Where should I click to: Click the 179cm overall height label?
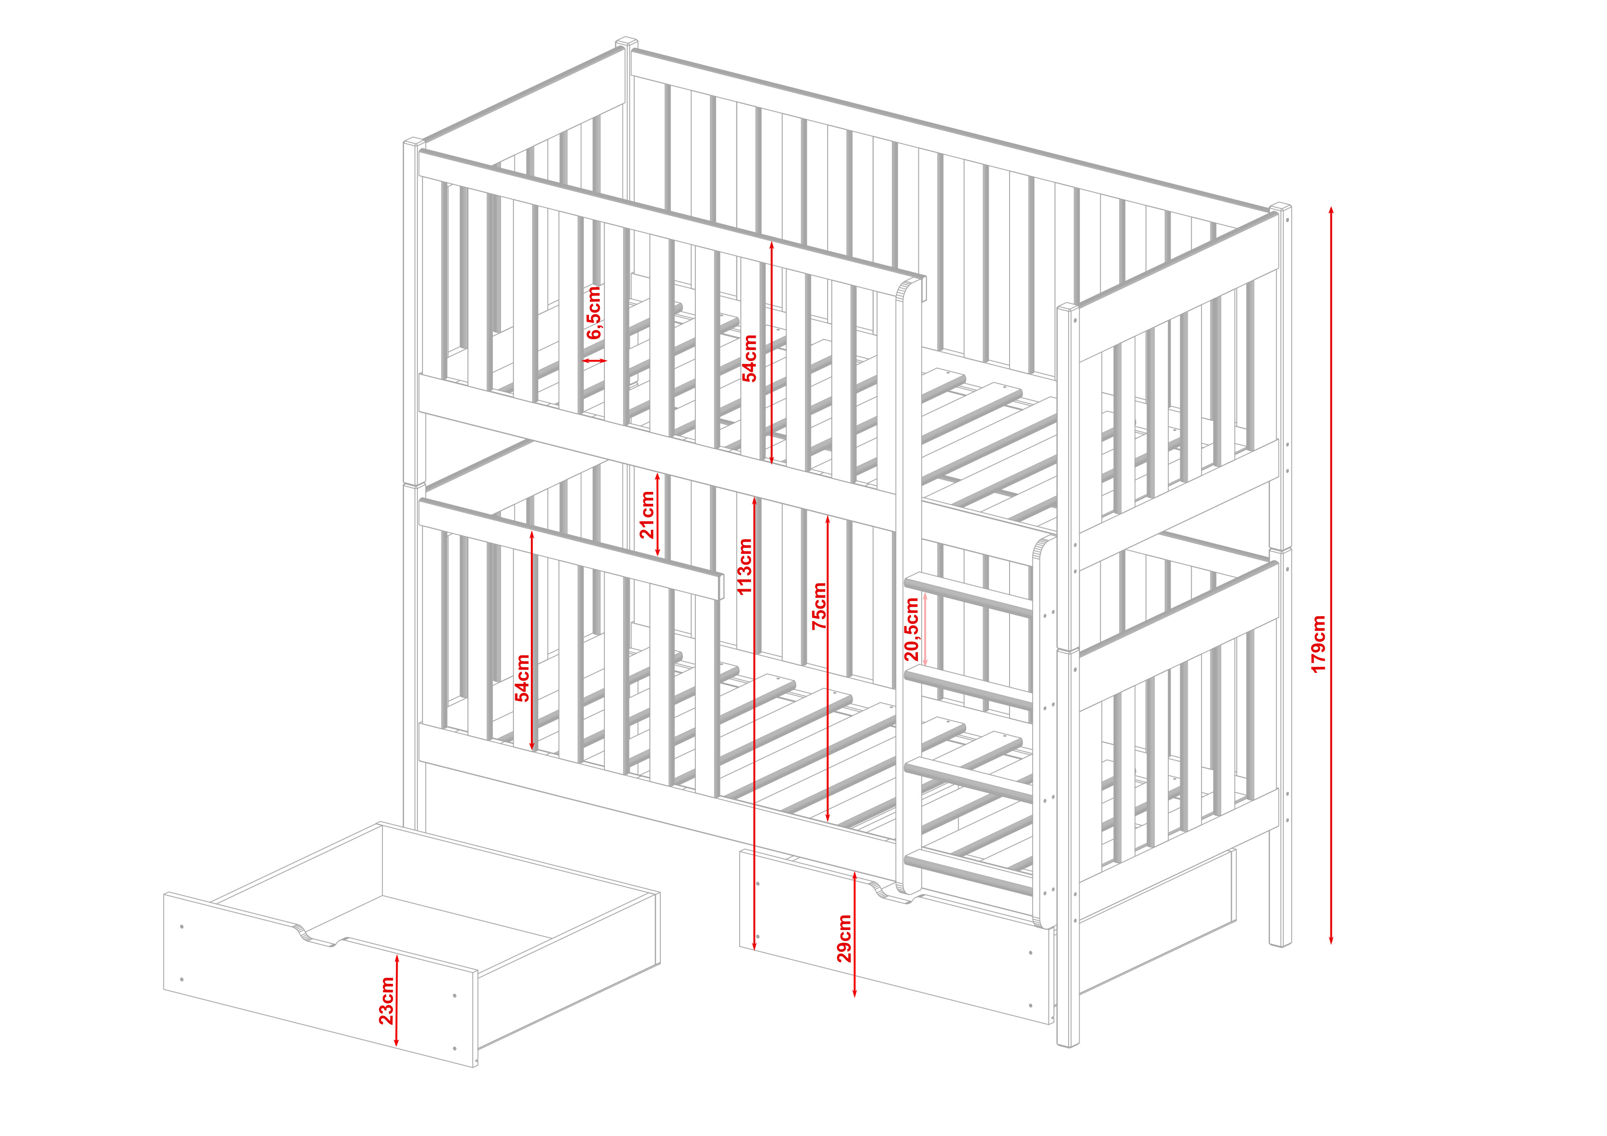[1319, 644]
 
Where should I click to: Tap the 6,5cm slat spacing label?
[594, 312]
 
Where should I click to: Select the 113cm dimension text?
[745, 566]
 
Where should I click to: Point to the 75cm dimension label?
[819, 606]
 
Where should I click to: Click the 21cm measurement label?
[648, 515]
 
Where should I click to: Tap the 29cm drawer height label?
[845, 938]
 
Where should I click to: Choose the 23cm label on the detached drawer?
[386, 1001]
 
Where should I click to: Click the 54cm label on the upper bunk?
[750, 358]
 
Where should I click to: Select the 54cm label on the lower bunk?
[522, 678]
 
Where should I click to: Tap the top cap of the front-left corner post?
[414, 142]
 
